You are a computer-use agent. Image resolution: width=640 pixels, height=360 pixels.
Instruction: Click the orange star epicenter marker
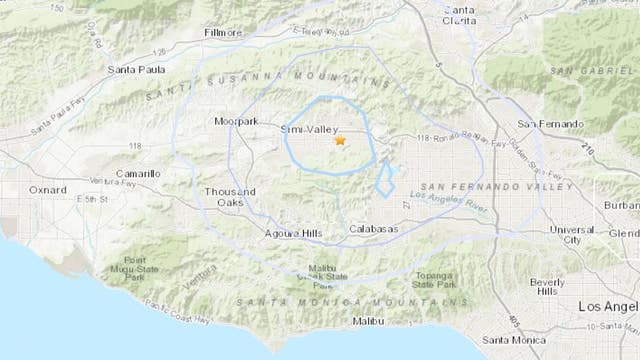(x=340, y=142)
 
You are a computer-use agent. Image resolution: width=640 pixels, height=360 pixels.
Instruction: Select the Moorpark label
(x=236, y=121)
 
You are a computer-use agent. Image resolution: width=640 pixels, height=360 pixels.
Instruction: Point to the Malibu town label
(x=367, y=321)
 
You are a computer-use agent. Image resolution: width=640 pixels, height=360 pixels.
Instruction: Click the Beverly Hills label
(x=547, y=286)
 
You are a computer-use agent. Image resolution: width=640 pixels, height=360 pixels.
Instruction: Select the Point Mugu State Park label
(x=149, y=264)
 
